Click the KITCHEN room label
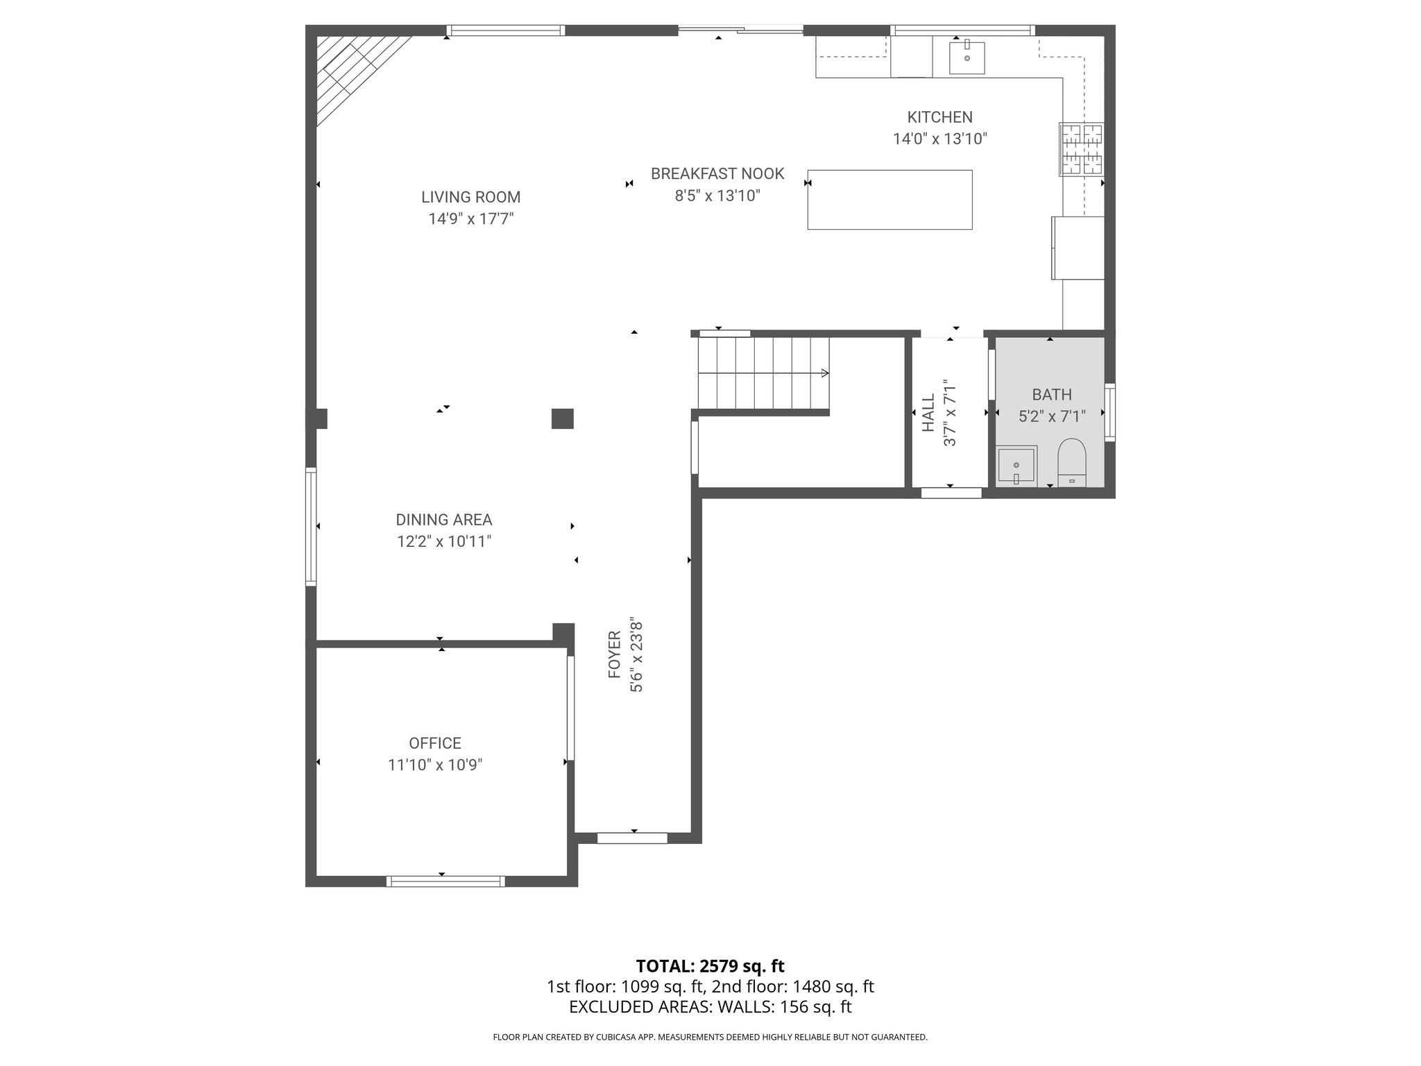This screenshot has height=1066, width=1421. click(x=939, y=117)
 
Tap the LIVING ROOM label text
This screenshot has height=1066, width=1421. click(x=470, y=197)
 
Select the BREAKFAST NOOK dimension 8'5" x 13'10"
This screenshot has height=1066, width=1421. click(x=717, y=196)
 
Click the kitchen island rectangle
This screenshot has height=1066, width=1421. click(x=889, y=200)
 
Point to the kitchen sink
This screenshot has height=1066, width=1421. click(x=967, y=57)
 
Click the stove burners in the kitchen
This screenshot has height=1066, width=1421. click(x=1081, y=149)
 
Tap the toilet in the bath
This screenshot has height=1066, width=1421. click(x=1071, y=461)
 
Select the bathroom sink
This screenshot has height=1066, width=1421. click(x=1016, y=466)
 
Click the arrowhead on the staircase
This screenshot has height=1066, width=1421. click(x=824, y=373)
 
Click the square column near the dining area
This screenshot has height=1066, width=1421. click(x=562, y=418)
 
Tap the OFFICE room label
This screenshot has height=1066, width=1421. click(x=435, y=743)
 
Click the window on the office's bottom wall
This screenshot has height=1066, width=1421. click(x=445, y=881)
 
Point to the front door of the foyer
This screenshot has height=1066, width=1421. click(x=632, y=838)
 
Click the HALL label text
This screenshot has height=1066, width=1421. click(x=928, y=413)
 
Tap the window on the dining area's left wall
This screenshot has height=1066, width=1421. click(x=312, y=526)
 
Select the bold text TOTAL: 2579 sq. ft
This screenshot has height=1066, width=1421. click(x=710, y=966)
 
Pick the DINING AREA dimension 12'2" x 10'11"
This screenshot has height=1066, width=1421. click(x=444, y=541)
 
